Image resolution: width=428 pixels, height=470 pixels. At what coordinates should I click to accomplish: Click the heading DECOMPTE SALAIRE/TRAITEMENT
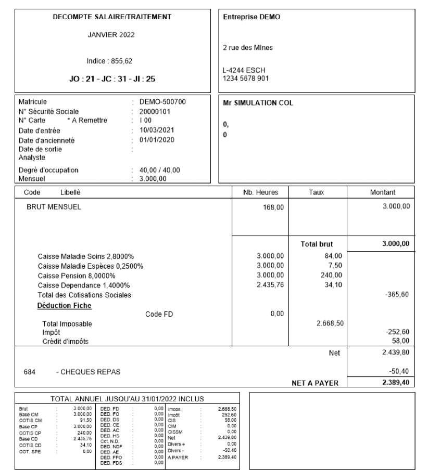click(112, 17)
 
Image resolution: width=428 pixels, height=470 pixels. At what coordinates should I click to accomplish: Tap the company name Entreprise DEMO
click(251, 17)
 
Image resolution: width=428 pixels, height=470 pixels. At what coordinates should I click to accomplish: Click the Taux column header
click(316, 192)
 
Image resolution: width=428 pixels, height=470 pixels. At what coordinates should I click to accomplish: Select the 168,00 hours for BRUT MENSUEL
click(273, 212)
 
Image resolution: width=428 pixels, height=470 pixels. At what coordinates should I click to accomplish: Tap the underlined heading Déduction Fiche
click(64, 305)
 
